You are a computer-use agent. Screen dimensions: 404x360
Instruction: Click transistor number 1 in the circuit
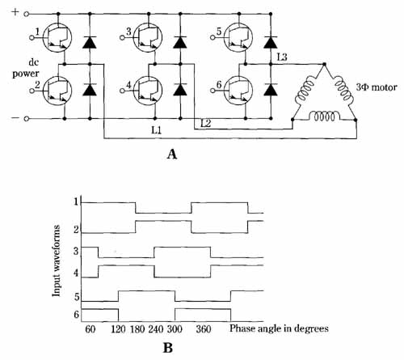57,37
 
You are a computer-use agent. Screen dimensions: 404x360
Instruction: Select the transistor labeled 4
148,91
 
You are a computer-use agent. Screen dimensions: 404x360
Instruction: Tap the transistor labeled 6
238,91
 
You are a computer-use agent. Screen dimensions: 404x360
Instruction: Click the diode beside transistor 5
271,42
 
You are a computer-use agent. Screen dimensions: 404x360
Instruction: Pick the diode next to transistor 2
90,90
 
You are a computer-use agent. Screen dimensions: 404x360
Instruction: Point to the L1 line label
156,131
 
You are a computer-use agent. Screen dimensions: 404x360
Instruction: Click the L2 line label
205,123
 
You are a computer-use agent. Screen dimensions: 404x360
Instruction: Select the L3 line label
281,57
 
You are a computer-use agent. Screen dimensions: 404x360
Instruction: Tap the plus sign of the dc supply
15,12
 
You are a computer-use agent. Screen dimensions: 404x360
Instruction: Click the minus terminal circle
26,119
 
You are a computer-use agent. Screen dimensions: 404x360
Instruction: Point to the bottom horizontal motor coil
324,116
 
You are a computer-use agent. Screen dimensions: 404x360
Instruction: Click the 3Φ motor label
377,87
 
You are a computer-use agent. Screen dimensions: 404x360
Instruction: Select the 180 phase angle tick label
137,329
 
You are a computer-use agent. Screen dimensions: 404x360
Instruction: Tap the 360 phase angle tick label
203,329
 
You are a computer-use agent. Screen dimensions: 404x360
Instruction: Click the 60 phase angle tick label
90,329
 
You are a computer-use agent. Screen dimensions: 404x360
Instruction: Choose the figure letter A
172,155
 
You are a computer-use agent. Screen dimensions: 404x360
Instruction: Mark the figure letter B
168,348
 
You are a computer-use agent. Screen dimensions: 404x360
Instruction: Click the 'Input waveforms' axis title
57,261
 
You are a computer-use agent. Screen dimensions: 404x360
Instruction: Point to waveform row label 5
77,297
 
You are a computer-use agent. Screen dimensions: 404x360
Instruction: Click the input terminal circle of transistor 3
122,38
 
